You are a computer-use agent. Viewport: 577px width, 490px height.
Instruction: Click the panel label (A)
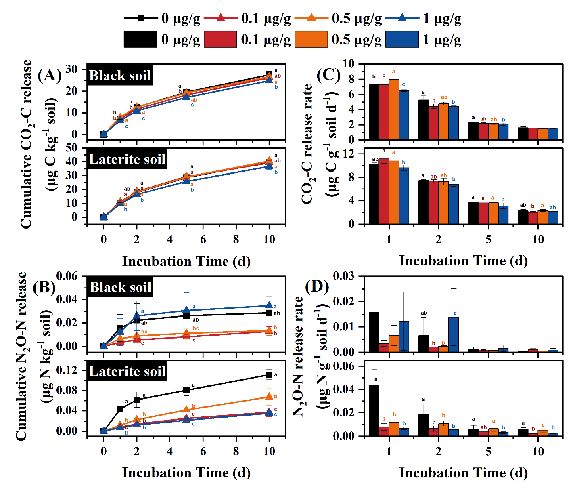pos(50,76)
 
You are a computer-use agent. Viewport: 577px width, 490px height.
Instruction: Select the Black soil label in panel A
pos(119,76)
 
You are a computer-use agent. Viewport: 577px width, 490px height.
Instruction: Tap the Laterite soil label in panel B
pos(127,371)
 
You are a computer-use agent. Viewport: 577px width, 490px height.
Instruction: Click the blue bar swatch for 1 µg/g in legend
pos(402,40)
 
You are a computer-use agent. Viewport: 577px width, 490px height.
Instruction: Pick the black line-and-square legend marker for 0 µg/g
pos(141,18)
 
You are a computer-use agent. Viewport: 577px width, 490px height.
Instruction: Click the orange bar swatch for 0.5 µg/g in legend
pos(311,40)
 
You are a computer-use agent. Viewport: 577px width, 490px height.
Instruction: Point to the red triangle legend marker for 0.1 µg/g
pos(220,18)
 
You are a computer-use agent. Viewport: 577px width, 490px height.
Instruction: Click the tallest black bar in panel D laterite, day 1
pos(374,410)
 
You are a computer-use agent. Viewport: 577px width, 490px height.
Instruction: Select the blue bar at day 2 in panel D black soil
pos(454,334)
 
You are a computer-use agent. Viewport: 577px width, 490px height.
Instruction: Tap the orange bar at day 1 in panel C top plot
pos(394,109)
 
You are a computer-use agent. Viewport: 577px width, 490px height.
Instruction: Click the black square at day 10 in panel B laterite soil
pos(269,375)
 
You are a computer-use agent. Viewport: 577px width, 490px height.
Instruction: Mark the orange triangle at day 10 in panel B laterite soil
pos(269,397)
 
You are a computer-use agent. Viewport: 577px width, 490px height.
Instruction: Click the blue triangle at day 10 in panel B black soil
pos(269,305)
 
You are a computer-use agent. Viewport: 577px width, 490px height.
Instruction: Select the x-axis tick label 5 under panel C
pos(488,239)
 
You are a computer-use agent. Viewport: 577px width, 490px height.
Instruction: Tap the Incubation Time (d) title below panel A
pos(186,261)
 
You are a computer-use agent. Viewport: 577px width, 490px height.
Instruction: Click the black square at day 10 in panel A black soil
pos(269,75)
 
